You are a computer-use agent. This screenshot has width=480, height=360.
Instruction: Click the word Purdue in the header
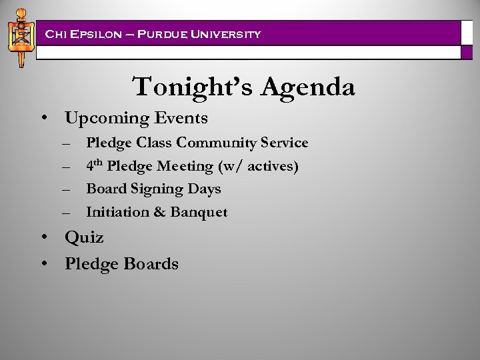[x=164, y=34]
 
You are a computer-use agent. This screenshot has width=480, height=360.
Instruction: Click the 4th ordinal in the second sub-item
[x=94, y=165]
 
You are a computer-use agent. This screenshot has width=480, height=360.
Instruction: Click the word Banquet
[x=199, y=213]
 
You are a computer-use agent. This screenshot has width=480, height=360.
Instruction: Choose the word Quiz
[x=84, y=238]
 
